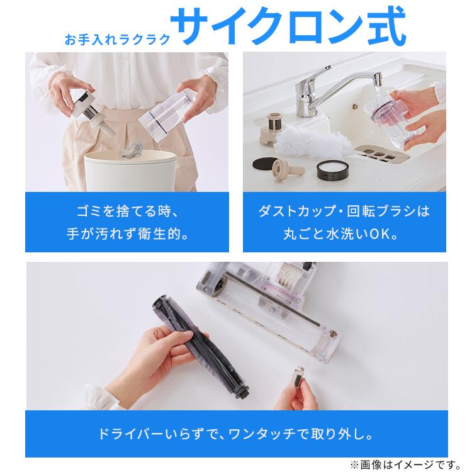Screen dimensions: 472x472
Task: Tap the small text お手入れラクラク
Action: pos(117,39)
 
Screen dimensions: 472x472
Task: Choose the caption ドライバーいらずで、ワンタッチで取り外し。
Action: pos(236,434)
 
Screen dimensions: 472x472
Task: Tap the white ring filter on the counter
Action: pos(328,169)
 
